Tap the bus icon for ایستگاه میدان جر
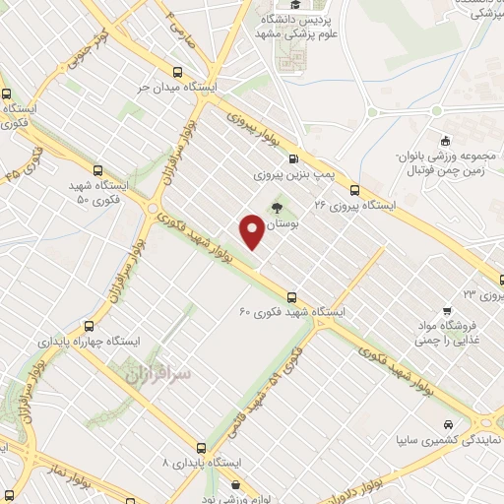(177, 72)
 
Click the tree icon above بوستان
(279, 207)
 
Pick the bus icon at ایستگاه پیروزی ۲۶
(354, 191)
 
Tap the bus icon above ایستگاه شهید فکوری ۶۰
(291, 296)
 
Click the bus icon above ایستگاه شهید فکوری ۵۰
(96, 169)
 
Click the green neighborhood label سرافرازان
(146, 372)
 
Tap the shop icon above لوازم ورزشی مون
(237, 483)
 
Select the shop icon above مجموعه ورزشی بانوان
(446, 139)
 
